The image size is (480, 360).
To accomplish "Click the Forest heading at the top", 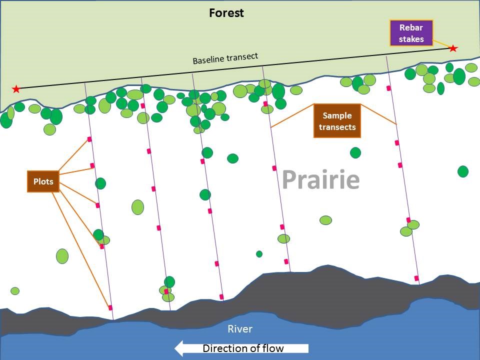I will pos(226,13).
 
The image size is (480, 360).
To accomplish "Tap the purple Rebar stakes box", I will pos(411,33).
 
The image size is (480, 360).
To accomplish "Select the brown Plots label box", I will pos(43,181).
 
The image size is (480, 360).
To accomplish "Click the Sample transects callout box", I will pos(337,120).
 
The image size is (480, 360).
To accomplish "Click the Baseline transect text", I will pos(225,58).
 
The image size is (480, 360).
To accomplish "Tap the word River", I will pos(240,329).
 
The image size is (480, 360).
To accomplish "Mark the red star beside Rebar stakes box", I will pos(453,48).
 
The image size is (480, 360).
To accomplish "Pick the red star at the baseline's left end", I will pos(16,89).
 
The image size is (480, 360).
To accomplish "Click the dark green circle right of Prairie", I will pos(463,171).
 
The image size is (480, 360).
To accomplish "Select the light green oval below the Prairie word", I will pos(325,220).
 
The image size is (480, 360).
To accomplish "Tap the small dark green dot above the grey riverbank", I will pos(259,254).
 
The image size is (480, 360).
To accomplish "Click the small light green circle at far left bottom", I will pos(15,291).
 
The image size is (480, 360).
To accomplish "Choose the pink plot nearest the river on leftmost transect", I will pos(110,307).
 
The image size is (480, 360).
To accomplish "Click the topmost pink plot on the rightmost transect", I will pos(388,88).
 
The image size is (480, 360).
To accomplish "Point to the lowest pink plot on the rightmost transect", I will pos(416,278).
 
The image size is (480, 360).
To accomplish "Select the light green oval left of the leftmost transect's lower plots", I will pos(62,256).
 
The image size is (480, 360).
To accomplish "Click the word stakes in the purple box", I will pos(411,39).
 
